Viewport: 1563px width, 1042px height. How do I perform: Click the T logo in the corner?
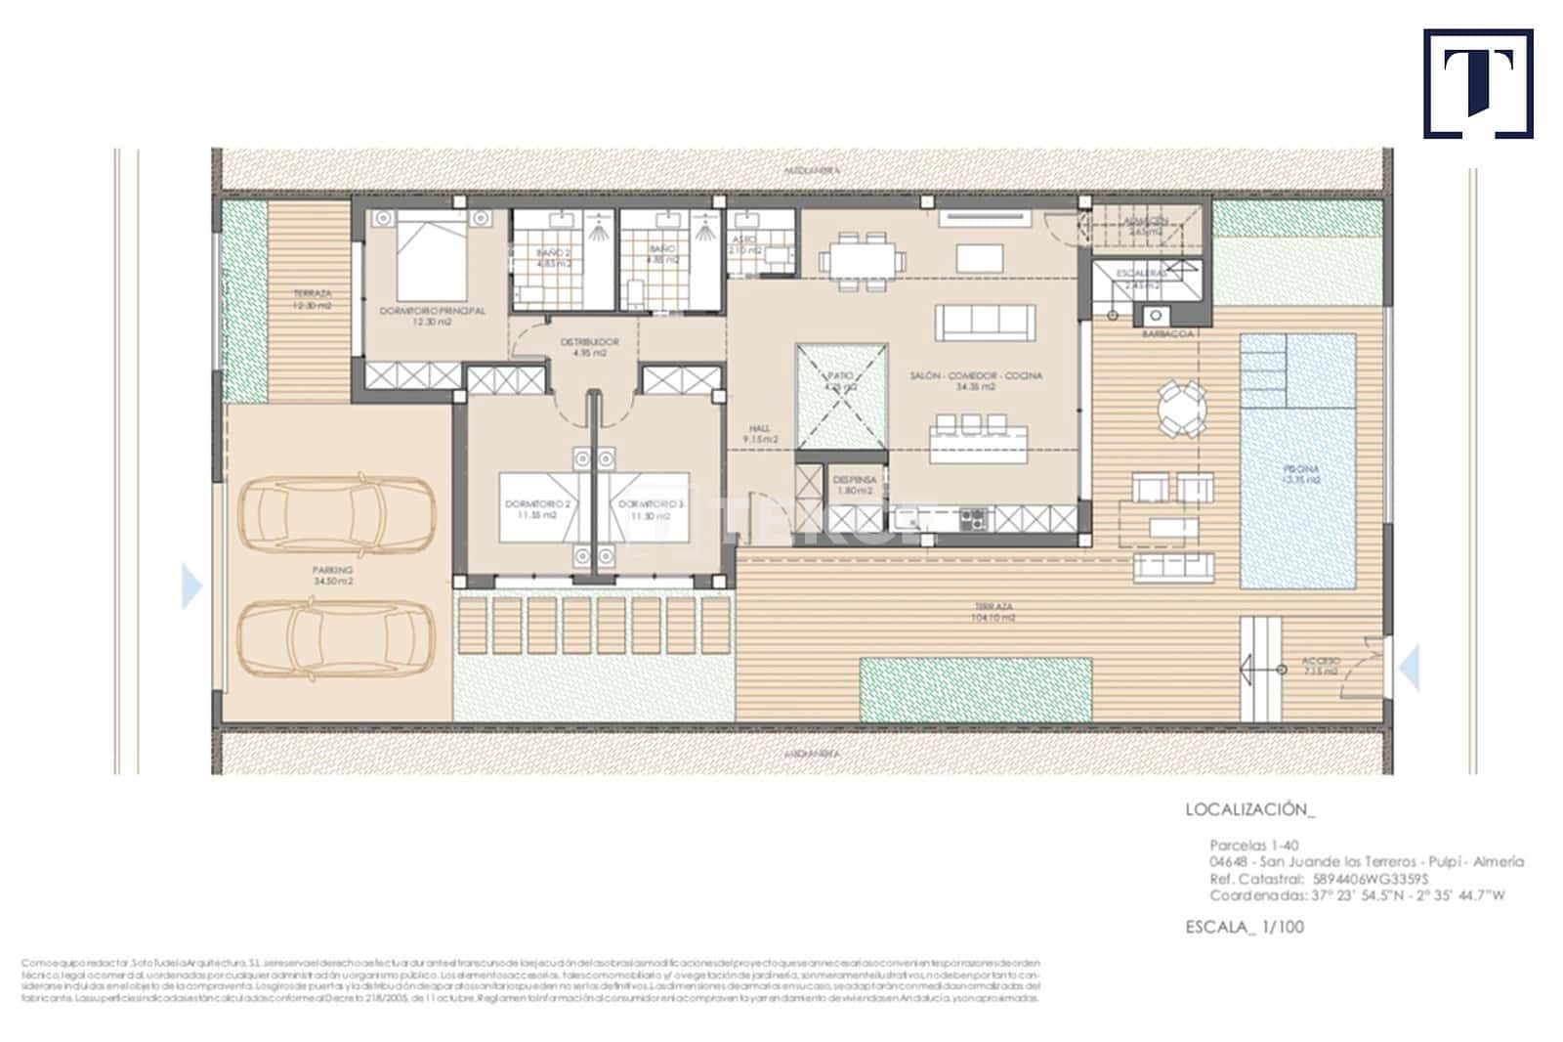[x=1477, y=83]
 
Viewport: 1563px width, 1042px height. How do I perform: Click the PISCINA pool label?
[x=1301, y=474]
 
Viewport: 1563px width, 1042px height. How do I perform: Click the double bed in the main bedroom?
[x=432, y=256]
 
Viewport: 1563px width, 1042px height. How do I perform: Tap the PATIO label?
[x=841, y=380]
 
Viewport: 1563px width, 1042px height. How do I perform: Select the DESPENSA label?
[x=854, y=485]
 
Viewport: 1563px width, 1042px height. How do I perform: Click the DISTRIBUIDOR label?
[x=590, y=347]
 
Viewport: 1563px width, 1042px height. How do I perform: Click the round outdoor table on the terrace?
[x=1180, y=409]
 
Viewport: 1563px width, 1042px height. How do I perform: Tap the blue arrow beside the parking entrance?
[x=192, y=586]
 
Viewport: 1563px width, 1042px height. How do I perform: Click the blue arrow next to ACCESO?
[x=1409, y=669]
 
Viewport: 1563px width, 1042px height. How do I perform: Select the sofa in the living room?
[x=985, y=322]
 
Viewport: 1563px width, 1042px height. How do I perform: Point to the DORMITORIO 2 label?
[x=537, y=508]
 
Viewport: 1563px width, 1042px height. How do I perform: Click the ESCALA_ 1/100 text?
[x=1245, y=927]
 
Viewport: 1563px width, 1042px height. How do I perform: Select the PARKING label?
[x=332, y=575]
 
